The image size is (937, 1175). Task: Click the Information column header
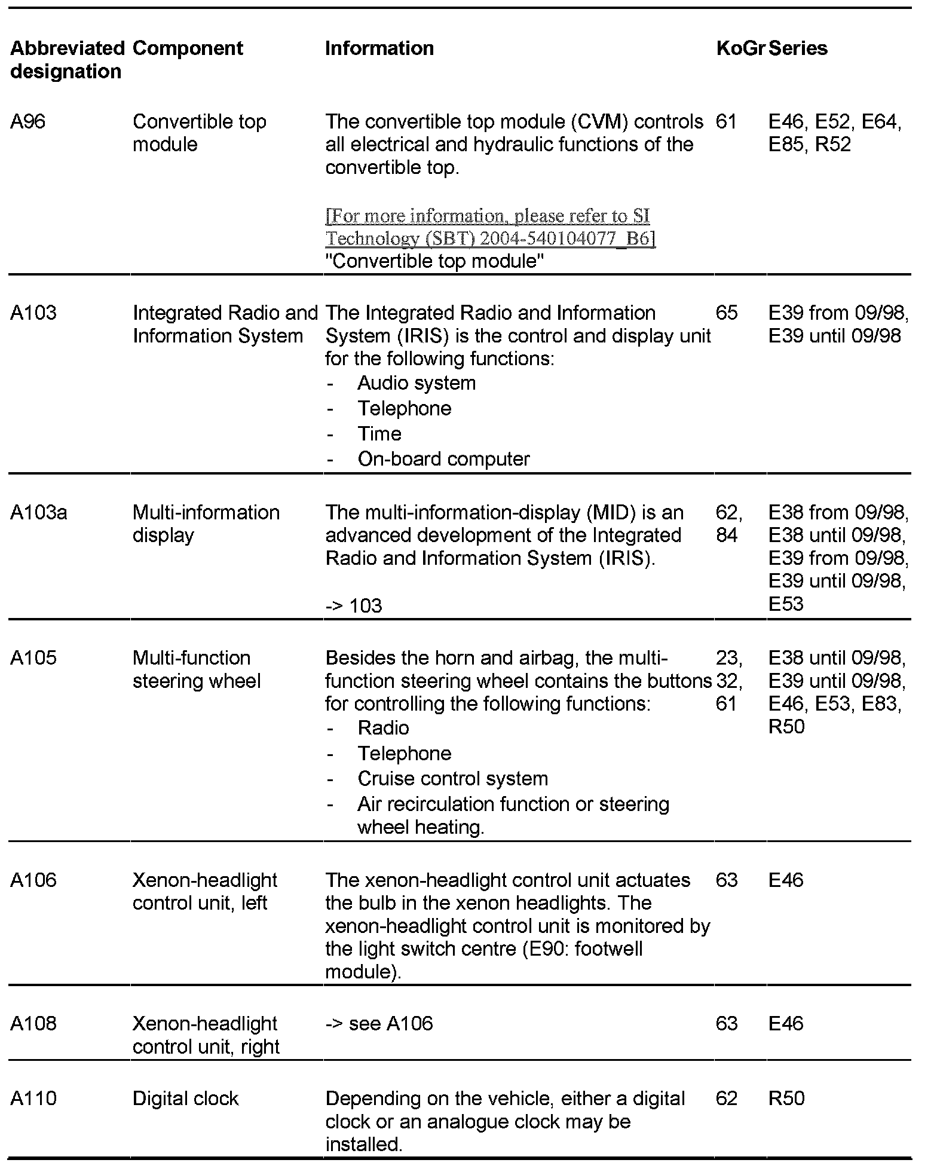coord(379,48)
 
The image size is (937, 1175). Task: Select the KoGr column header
coord(740,48)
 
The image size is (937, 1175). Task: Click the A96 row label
coord(28,121)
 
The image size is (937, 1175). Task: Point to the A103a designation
coord(39,512)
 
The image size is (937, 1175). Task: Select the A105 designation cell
coord(33,657)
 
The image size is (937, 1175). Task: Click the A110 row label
coord(33,1098)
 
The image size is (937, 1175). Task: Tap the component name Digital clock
coord(185,1098)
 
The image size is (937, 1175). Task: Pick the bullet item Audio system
coord(417,383)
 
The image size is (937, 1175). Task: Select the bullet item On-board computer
coord(443,459)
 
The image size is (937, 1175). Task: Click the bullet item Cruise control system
coord(452,779)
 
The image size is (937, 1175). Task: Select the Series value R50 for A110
coord(786,1098)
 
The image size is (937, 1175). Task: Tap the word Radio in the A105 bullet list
coord(383,728)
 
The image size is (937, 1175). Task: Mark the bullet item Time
coord(379,434)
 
